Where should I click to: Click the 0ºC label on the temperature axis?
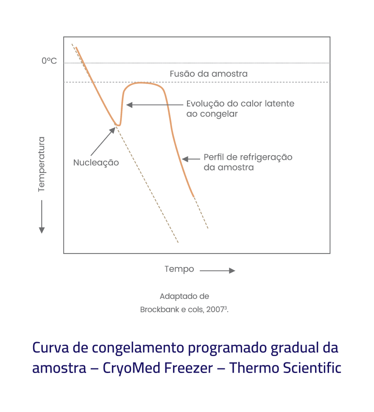pos(49,61)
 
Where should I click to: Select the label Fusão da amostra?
pos(209,74)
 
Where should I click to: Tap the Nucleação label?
pos(96,162)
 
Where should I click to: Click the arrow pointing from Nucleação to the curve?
pos(103,141)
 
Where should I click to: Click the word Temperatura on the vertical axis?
pos(41,164)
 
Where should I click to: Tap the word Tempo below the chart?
pos(179,269)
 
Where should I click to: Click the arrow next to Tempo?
pos(217,270)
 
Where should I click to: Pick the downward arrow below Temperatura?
pos(42,216)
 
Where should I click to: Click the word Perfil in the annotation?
pos(214,157)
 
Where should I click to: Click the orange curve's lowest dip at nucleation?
pos(118,125)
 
